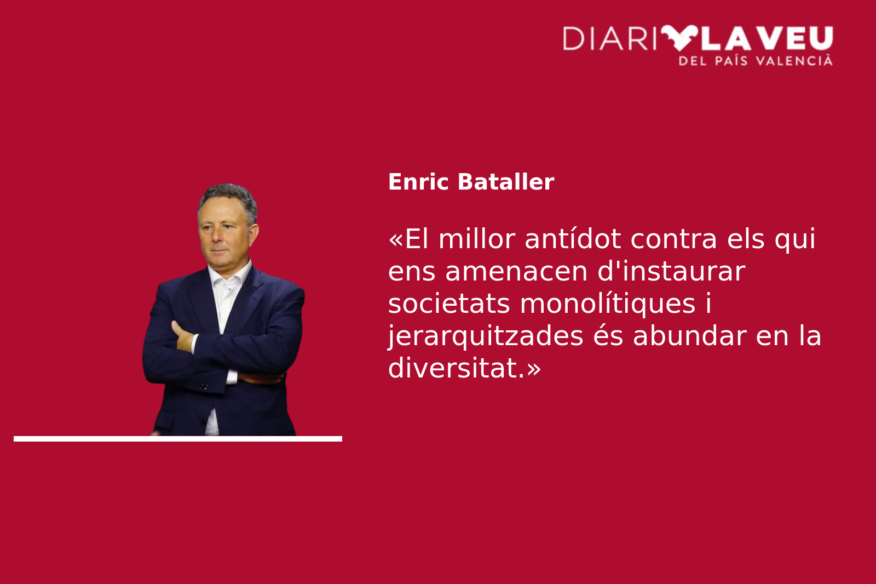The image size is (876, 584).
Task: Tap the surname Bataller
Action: coord(506,182)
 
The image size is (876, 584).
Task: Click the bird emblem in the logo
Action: coord(679,38)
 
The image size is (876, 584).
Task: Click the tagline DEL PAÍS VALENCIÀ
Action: coord(756,61)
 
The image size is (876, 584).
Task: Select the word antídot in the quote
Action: coord(573,239)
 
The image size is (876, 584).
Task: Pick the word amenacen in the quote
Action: coord(516,272)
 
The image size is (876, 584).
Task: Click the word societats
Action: coord(449,304)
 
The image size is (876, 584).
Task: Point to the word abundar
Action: coord(689,336)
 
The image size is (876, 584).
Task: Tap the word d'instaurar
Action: coord(671,271)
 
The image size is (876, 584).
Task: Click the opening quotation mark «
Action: coord(395,239)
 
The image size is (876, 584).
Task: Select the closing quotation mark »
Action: coord(534,369)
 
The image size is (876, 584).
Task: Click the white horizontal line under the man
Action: coord(178,439)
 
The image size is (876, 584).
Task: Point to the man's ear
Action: coord(253,234)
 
